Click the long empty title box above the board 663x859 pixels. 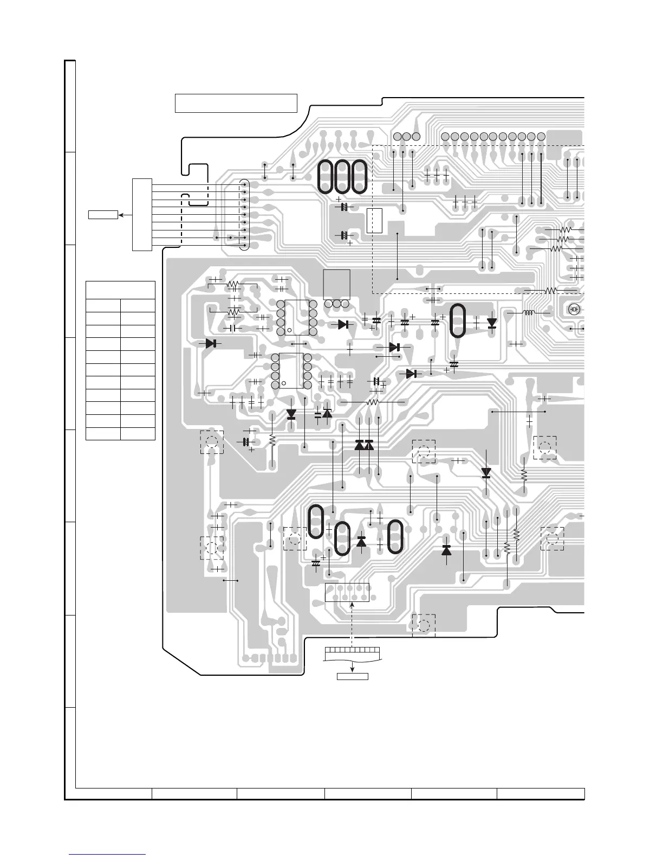point(236,103)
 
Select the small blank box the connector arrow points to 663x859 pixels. point(103,215)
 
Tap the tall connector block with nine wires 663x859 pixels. point(142,214)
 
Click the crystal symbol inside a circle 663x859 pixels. point(574,310)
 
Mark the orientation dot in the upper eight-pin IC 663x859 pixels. point(290,330)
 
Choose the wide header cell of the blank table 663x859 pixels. point(120,290)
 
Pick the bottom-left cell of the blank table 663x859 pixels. point(103,433)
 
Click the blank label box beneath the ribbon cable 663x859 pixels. point(352,676)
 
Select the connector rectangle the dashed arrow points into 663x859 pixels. point(347,592)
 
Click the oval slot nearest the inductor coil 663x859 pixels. point(457,320)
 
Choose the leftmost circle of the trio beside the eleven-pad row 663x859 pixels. point(396,136)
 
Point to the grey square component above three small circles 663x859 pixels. point(336,284)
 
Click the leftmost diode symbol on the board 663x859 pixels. point(211,343)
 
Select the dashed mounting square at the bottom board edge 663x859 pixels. point(424,625)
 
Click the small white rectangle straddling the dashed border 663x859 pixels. point(374,221)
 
